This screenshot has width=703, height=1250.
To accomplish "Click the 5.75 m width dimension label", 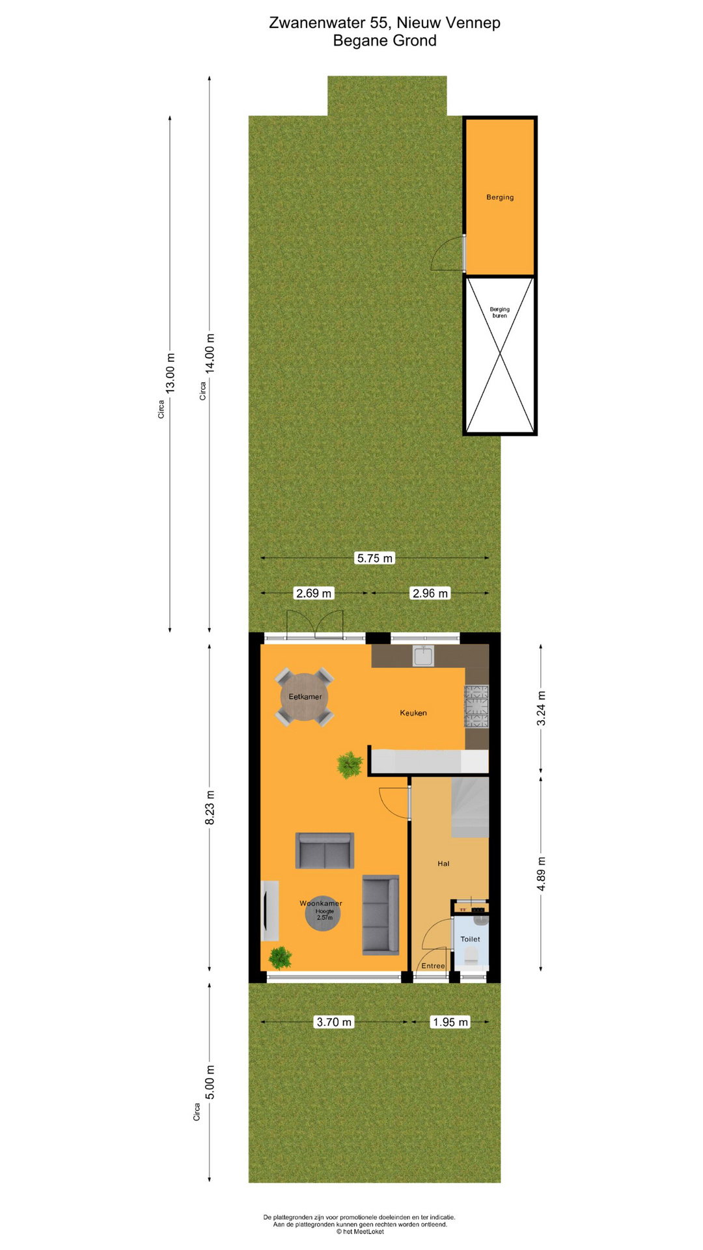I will tap(375, 558).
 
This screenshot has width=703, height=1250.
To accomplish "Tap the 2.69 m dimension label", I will tap(314, 593).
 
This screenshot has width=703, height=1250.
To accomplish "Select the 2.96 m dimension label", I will tap(430, 593).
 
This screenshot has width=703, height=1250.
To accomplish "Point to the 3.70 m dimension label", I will tap(334, 1022).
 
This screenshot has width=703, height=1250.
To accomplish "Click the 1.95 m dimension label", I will tap(450, 1022).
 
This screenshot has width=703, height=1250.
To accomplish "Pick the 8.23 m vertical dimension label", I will tap(210, 808).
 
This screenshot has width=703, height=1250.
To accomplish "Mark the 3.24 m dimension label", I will tap(541, 708).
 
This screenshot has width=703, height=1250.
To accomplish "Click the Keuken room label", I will tap(413, 713).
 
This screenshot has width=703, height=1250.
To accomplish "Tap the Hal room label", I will tap(443, 864).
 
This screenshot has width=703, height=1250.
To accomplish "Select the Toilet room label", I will tap(470, 939).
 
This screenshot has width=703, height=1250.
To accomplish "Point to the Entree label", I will tap(433, 965).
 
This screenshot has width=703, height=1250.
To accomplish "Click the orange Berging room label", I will tap(500, 197).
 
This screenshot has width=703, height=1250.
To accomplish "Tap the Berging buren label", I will tap(500, 312).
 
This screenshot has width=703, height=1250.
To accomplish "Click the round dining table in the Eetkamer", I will tap(305, 697).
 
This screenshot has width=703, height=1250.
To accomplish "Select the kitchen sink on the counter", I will tap(423, 656).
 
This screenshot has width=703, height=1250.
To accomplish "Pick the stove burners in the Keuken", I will tap(476, 706).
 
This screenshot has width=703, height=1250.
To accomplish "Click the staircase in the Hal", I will tap(470, 807).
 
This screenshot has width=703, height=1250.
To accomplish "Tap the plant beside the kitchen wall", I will tap(350, 765).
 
